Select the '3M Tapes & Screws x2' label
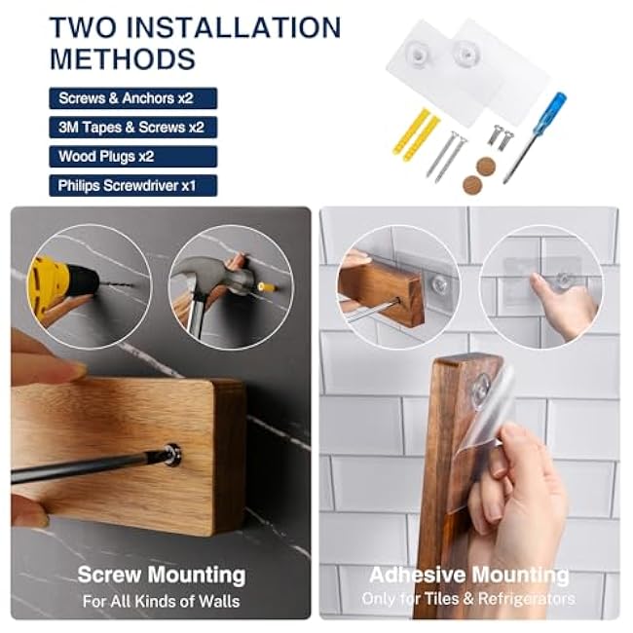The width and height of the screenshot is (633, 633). tap(131, 128)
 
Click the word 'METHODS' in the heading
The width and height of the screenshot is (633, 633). tap(123, 59)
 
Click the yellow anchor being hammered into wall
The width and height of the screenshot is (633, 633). tap(267, 288)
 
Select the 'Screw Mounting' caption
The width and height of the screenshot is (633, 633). tap(162, 574)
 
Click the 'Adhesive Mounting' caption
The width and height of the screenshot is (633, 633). tap(469, 575)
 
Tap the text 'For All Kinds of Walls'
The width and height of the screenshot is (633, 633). tap(161, 601)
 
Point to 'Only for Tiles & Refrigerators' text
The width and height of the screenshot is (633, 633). tap(468, 599)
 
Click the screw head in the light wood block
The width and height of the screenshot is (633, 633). tap(172, 455)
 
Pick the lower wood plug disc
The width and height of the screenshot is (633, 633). tap(472, 185)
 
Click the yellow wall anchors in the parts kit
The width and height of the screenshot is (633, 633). tap(415, 134)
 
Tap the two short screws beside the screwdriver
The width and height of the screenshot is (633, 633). tap(501, 137)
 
